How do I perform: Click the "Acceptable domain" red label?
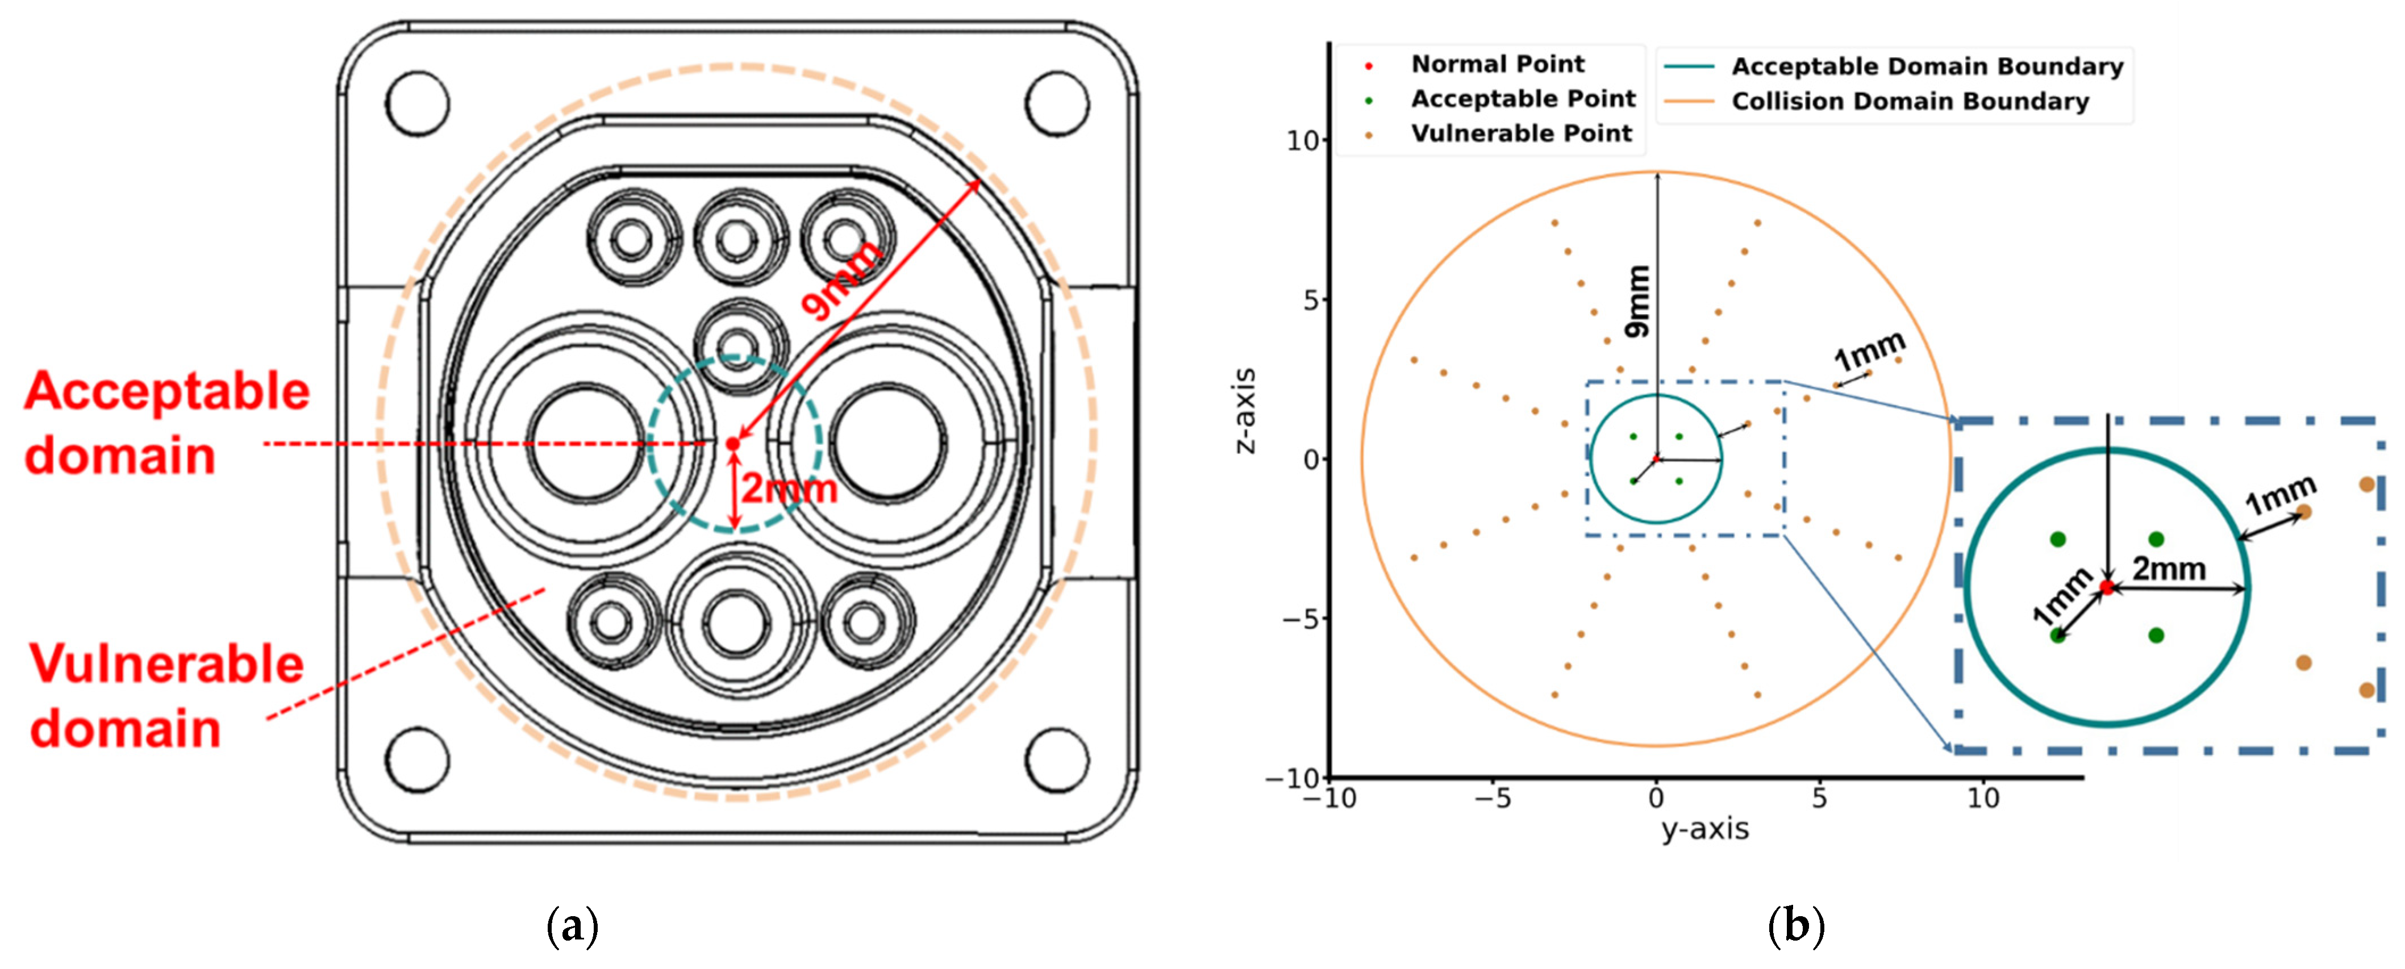[166, 423]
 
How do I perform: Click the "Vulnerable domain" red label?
[166, 695]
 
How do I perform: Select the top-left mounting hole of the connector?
[418, 102]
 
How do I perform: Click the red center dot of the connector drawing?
[733, 444]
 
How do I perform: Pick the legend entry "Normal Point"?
[1497, 64]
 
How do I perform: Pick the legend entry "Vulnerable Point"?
[1521, 133]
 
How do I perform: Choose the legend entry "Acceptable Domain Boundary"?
[1927, 66]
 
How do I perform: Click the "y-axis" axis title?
[1705, 829]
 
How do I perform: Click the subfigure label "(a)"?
[572, 926]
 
